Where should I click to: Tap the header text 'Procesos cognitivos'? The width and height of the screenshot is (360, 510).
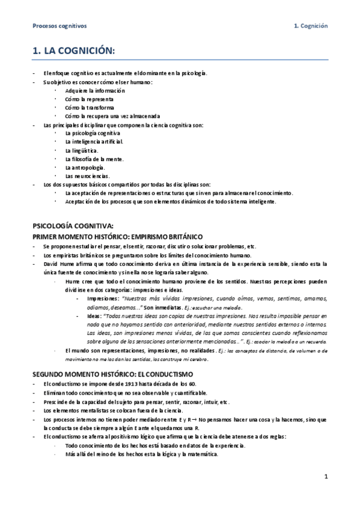(59, 26)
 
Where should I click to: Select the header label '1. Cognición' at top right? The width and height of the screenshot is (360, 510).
(310, 26)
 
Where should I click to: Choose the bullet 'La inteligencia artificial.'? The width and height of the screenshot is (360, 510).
(94, 141)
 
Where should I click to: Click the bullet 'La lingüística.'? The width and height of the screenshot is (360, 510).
(82, 150)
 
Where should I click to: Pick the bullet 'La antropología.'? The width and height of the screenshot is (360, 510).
(85, 167)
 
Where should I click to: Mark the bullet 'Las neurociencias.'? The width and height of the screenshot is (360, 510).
(87, 176)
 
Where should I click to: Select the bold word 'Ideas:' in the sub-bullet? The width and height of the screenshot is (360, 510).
(95, 315)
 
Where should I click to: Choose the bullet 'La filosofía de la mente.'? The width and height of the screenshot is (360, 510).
(94, 158)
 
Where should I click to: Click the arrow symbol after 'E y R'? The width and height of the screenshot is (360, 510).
(189, 419)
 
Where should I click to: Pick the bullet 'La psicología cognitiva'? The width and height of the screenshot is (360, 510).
(93, 132)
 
